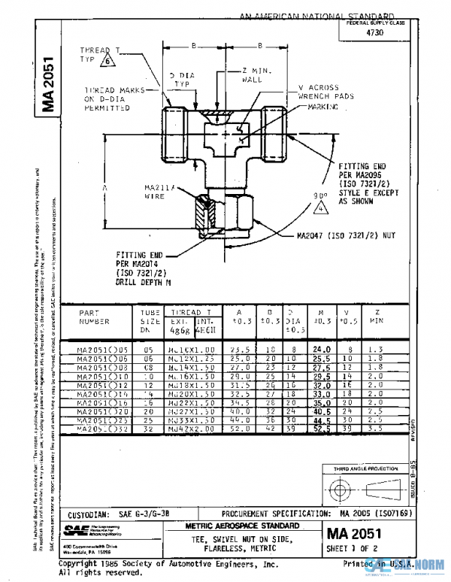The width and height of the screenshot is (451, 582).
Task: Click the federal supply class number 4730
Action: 374,33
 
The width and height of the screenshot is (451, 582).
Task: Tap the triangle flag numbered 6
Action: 107,61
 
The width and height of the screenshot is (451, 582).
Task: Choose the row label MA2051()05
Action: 104,350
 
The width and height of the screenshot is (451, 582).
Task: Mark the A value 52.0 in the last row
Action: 238,429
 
